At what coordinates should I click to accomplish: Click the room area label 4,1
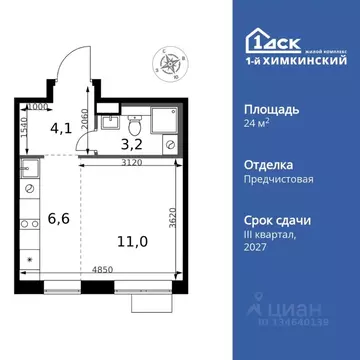(60, 128)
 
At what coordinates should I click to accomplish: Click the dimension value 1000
(39, 104)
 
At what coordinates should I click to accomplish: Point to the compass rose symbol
(168, 66)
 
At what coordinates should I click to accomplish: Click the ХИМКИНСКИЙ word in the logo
(302, 58)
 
